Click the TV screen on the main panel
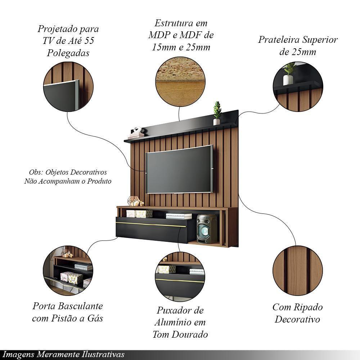point(179,169)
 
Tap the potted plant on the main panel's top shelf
point(217,113)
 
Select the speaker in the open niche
point(207,229)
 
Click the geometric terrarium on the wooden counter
point(134,201)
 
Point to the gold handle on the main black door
point(151,225)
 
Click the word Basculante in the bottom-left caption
point(80,306)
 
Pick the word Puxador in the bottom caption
point(172,310)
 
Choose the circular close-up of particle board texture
point(180,81)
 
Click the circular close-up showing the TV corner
point(68,87)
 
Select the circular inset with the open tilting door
point(68,270)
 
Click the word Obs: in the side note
point(36,172)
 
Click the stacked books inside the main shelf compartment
point(179,216)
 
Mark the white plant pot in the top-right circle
point(288,80)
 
